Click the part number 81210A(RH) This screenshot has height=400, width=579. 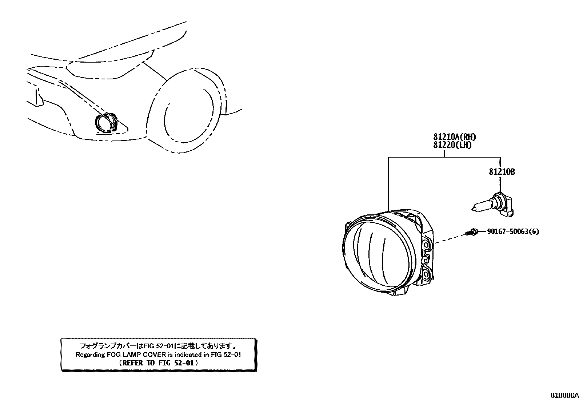[x=455, y=138]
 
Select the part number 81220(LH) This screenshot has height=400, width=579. [x=452, y=145]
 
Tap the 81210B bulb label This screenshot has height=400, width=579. [x=502, y=172]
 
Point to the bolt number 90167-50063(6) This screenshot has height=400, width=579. [x=513, y=231]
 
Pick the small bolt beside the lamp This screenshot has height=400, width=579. [x=472, y=232]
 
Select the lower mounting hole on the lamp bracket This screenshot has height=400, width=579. [x=427, y=273]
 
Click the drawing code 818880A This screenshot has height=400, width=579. [x=564, y=395]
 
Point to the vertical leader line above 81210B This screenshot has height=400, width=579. [x=500, y=162]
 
